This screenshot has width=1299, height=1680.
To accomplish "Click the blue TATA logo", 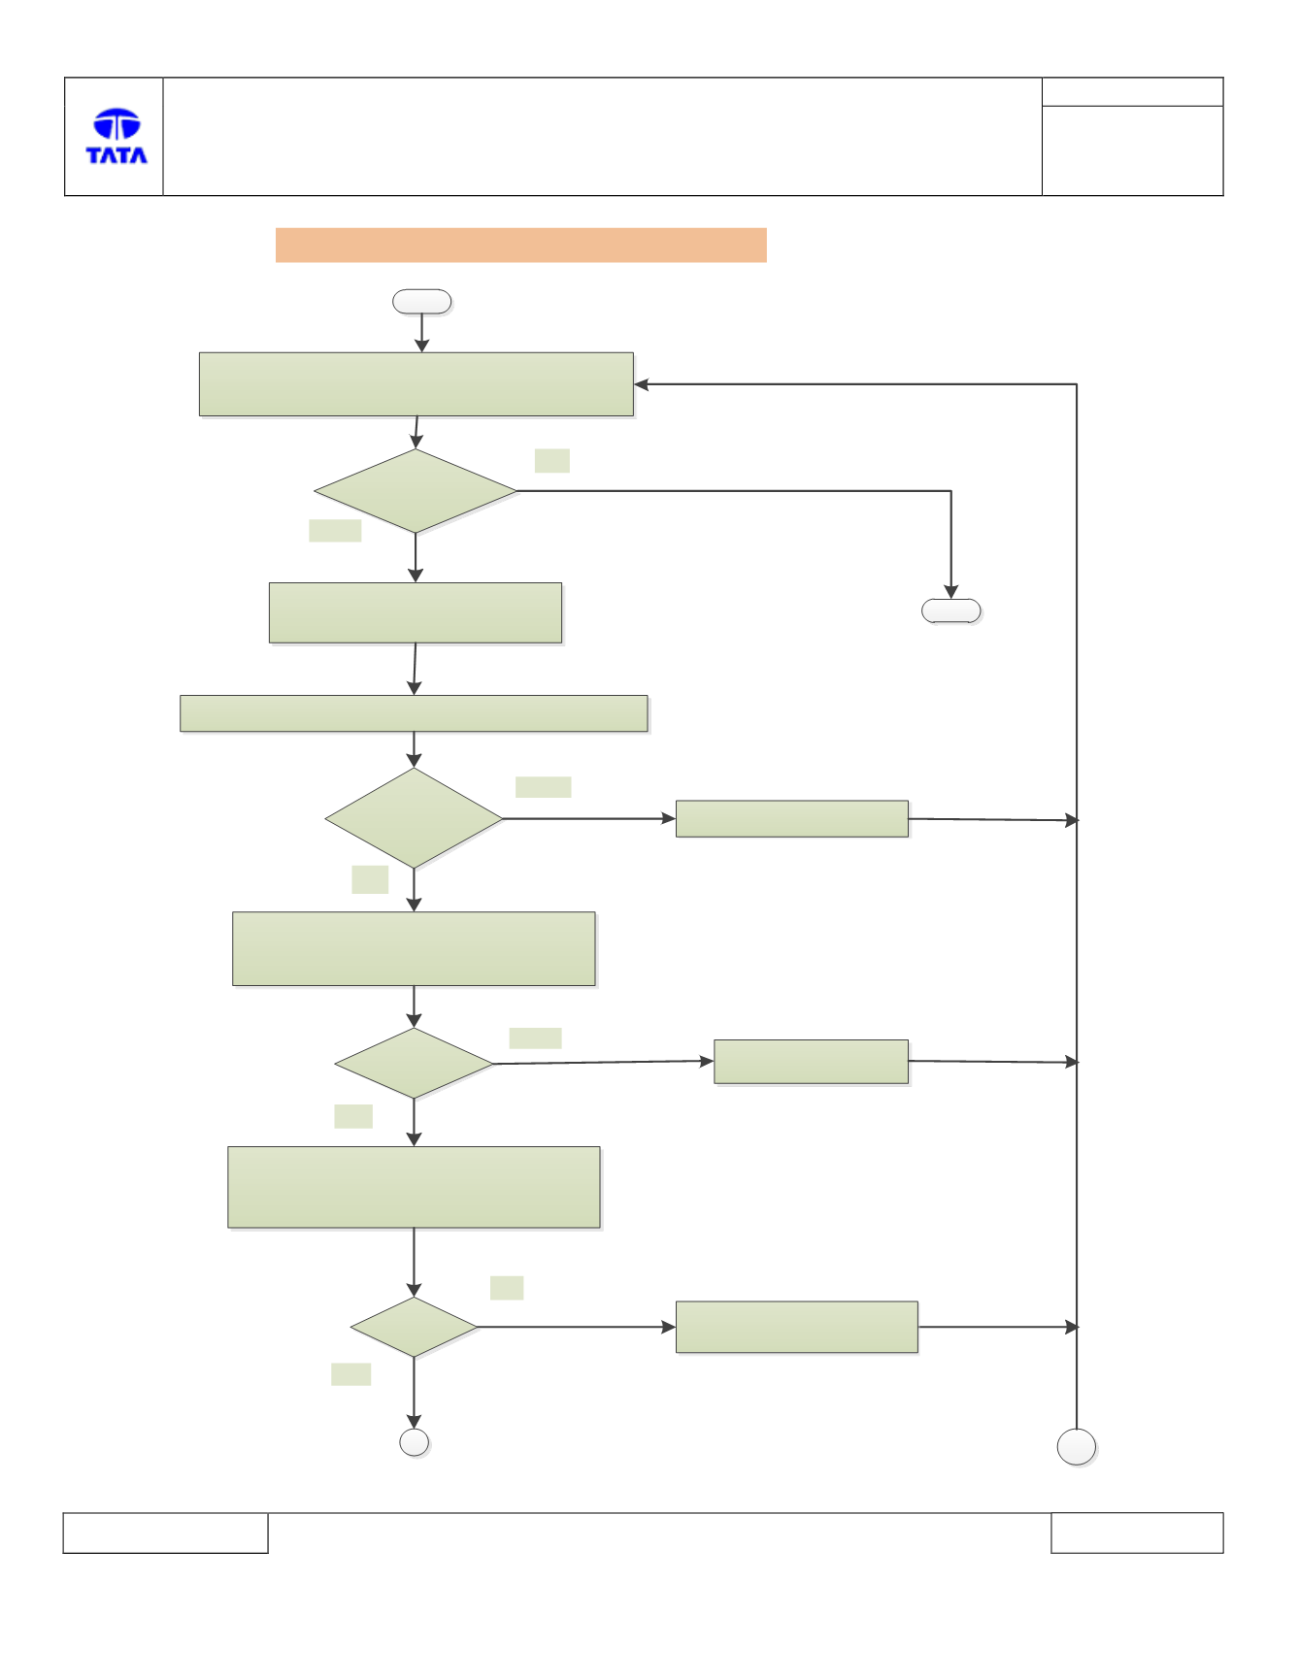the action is point(117,136).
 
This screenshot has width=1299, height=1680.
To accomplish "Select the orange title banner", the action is point(520,245).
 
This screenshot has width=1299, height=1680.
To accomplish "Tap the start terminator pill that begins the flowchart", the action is point(421,302).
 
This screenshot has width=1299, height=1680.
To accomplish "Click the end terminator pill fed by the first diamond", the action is point(950,610).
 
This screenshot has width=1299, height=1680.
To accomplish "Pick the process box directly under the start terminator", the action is point(416,384).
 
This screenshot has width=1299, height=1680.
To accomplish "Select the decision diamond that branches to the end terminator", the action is point(416,491).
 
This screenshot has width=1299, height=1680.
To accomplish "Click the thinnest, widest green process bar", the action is point(414,713).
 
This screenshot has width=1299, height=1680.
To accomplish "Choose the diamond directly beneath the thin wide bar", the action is point(414,818).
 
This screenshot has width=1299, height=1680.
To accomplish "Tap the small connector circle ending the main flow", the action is point(415,1442).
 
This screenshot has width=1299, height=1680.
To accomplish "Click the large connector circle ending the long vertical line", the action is point(1077,1447).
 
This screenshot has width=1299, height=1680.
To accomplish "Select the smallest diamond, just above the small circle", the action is point(414,1327).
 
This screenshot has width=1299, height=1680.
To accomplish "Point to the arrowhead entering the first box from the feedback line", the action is point(641,384).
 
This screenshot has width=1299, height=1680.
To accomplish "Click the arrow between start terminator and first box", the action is point(421,333).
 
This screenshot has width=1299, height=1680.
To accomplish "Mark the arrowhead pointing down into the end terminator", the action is point(951,592).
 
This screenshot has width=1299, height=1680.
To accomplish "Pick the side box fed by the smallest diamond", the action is point(797,1327).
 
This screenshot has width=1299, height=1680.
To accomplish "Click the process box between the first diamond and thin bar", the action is point(416,612).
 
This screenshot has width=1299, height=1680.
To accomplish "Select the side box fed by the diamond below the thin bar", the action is point(792,819).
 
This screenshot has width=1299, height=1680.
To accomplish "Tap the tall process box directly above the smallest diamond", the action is point(414,1187).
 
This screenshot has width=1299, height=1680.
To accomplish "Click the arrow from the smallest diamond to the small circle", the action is point(414,1393).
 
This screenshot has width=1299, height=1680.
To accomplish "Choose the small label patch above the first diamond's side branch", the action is point(552,461).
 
